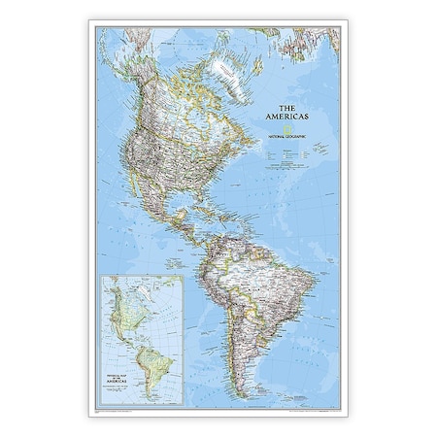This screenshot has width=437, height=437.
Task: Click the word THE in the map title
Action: click(x=287, y=107)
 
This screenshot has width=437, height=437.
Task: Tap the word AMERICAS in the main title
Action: click(x=287, y=118)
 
